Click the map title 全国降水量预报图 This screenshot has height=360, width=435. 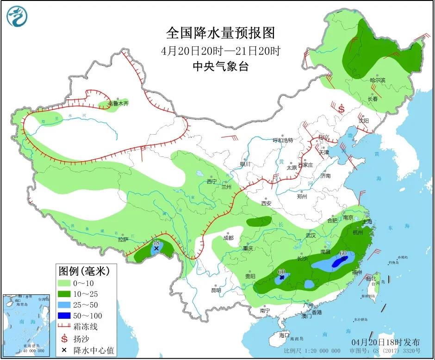(220, 33)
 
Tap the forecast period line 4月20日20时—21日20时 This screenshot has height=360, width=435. (220, 50)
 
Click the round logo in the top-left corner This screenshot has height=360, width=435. (17, 16)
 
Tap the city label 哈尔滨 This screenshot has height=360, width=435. (378, 81)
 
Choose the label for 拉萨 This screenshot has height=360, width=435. (123, 240)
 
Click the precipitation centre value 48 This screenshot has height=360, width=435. (156, 243)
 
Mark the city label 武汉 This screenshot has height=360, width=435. (310, 236)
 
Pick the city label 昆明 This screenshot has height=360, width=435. (216, 291)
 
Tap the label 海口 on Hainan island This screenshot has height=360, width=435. (284, 335)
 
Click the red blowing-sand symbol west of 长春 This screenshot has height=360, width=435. (342, 109)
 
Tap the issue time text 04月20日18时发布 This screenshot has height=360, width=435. (385, 342)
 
